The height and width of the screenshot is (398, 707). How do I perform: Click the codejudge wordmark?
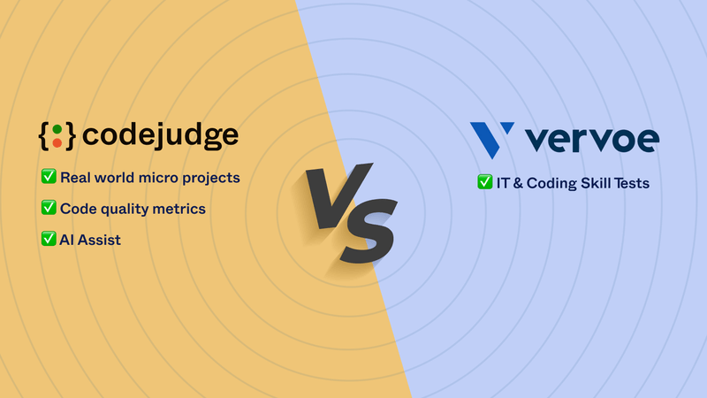[160, 136]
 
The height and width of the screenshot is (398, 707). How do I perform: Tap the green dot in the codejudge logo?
[57, 129]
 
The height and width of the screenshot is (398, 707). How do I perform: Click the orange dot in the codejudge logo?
[57, 143]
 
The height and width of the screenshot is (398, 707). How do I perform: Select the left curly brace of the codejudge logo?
[44, 136]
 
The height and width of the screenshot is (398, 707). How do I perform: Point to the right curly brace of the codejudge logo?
[70, 136]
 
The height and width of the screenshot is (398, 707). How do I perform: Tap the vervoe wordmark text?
[592, 140]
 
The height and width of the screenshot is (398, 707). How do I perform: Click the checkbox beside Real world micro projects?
[49, 176]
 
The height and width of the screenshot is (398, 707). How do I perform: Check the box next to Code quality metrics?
[49, 208]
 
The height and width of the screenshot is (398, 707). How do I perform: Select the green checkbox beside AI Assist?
[49, 239]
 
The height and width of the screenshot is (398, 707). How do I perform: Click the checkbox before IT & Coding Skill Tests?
[484, 182]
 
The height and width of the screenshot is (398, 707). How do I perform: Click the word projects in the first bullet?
[211, 179]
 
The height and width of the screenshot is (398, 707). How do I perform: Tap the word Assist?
[99, 240]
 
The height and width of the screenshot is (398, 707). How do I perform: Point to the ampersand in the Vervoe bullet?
[518, 183]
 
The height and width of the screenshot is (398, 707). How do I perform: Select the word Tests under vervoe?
[631, 183]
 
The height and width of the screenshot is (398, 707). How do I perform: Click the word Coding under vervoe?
[551, 184]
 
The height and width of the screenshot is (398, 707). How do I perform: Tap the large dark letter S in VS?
[369, 231]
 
